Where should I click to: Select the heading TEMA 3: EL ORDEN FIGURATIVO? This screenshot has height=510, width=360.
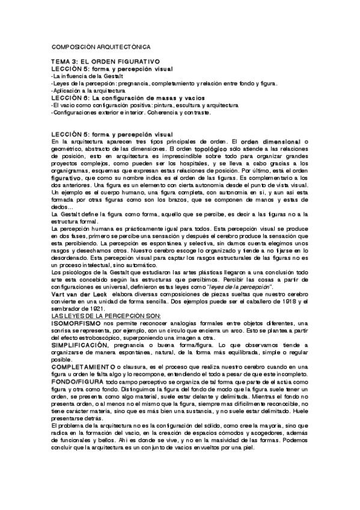point(105,62)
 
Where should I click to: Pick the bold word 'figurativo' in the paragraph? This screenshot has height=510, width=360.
point(67,179)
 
